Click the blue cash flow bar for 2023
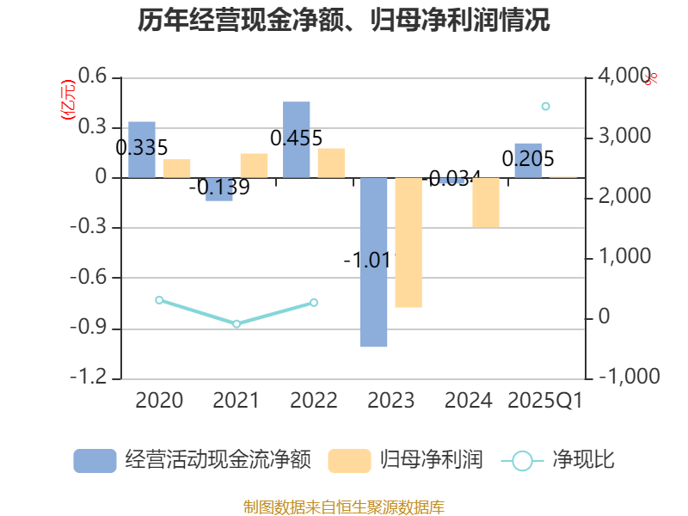(x=373, y=262)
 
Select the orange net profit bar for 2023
(x=408, y=243)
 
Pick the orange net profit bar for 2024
(x=486, y=202)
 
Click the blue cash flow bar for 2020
(x=142, y=150)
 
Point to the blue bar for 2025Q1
(x=528, y=160)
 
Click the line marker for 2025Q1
(x=545, y=107)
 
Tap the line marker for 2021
(x=236, y=324)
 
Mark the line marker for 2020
(x=159, y=300)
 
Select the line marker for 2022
(x=314, y=303)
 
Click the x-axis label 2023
(x=391, y=401)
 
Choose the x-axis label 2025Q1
(x=545, y=401)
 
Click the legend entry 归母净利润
(x=404, y=460)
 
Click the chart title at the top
(x=344, y=21)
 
